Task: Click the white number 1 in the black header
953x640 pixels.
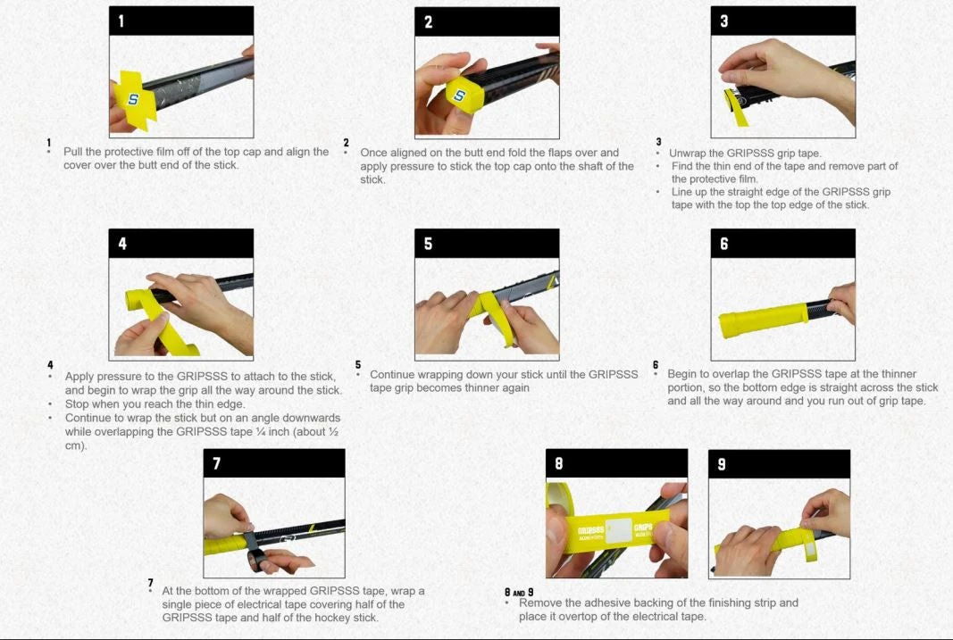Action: (x=121, y=21)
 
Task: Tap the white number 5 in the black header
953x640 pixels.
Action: (x=428, y=244)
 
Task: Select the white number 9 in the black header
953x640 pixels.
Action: (x=722, y=464)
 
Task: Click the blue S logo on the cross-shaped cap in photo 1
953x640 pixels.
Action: (x=133, y=98)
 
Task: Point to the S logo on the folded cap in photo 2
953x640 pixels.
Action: (x=460, y=96)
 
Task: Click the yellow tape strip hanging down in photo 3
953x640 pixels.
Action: (x=737, y=107)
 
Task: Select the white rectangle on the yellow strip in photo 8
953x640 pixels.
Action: (x=619, y=530)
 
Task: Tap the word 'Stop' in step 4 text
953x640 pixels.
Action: (x=77, y=403)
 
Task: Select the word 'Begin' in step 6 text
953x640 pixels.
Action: (x=683, y=374)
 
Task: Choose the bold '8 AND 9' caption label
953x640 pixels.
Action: (x=519, y=592)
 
